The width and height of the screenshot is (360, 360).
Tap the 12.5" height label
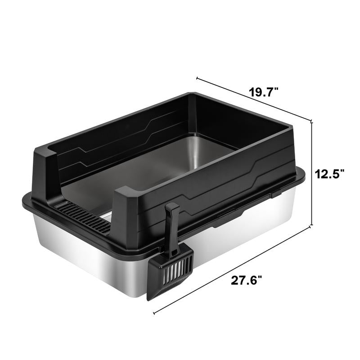coord(329,173)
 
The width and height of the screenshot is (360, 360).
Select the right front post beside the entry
coord(126,211)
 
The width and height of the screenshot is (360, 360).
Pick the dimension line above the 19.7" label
coord(254,99)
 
